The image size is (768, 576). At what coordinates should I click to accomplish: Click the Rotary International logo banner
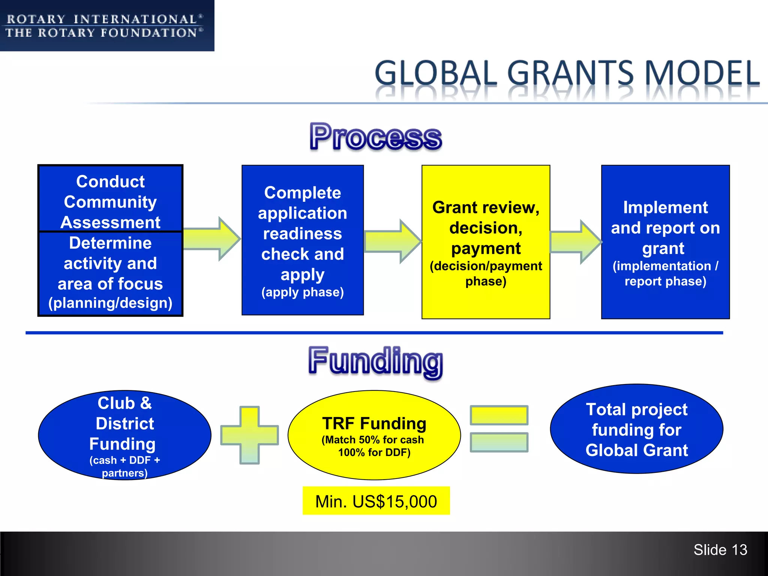[107, 25]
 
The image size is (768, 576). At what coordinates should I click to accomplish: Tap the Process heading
[376, 137]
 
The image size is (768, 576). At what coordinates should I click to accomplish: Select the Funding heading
[376, 361]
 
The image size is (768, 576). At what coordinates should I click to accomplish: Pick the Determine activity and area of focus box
[110, 273]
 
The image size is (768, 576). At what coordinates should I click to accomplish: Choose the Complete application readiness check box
[303, 232]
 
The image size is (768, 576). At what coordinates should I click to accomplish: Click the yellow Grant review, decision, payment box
[486, 242]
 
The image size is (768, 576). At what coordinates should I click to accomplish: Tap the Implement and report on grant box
[665, 242]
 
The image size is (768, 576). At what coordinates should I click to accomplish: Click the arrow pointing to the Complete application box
[212, 239]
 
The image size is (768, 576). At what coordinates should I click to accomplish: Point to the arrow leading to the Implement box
[576, 242]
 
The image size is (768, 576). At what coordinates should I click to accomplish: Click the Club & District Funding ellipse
[124, 435]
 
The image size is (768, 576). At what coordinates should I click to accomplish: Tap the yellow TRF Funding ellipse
[374, 435]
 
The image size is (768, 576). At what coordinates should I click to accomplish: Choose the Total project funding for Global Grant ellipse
[636, 429]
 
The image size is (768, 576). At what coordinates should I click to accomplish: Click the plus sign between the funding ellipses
[250, 435]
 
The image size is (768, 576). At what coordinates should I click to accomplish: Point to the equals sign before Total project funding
[499, 429]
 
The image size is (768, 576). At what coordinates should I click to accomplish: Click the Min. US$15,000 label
[376, 501]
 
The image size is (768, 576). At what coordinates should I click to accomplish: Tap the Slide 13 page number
[720, 550]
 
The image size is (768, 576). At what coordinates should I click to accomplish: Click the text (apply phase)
[303, 292]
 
